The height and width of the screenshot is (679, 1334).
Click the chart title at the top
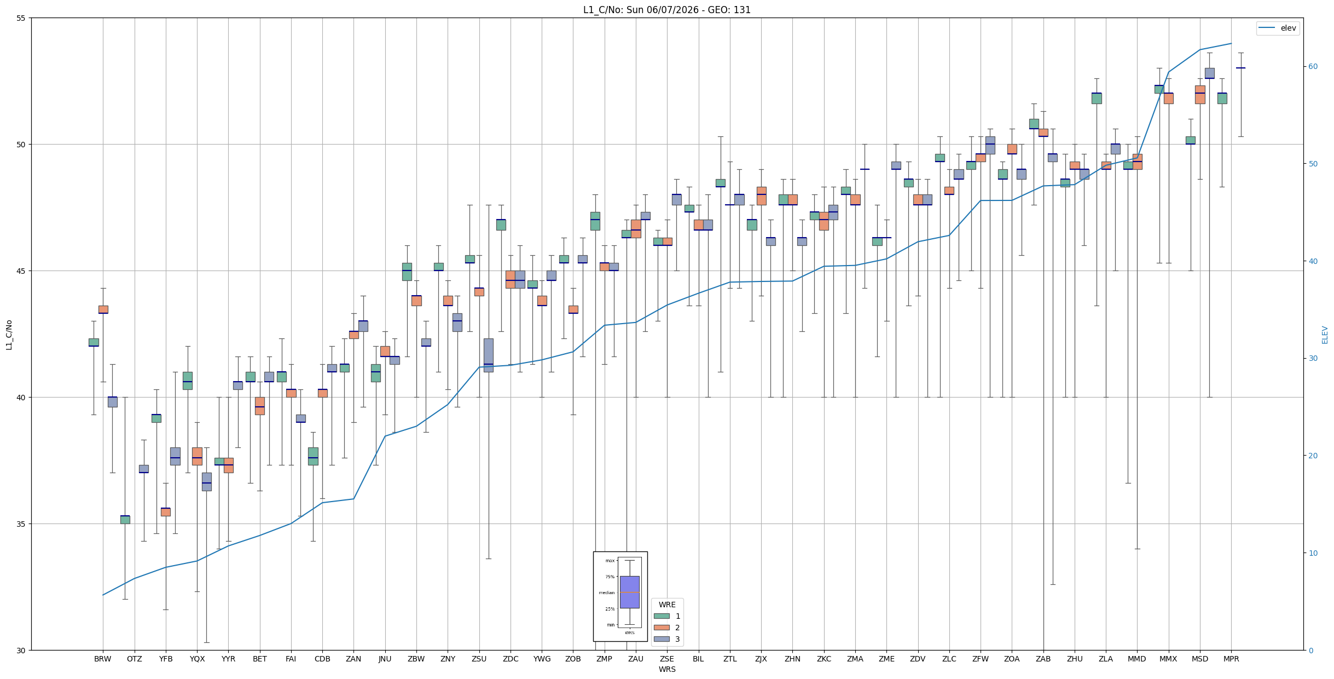tap(666, 10)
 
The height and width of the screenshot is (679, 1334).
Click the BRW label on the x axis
tap(103, 659)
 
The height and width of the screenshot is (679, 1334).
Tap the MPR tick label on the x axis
tap(1231, 659)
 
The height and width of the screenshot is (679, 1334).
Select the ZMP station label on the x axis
tap(604, 659)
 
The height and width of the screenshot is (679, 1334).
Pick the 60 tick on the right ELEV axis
tap(1313, 67)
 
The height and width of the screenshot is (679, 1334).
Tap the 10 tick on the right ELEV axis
tap(1313, 553)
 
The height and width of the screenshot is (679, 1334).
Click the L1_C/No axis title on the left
tap(9, 335)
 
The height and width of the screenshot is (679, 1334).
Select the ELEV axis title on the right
tap(1325, 335)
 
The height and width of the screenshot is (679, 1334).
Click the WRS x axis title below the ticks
tap(667, 669)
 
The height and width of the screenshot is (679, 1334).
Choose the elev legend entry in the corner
tap(1277, 28)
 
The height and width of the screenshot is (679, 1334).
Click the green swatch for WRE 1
tap(662, 616)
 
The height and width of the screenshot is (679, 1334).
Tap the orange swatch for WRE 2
tap(662, 628)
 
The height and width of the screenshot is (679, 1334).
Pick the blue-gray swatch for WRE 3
tap(662, 639)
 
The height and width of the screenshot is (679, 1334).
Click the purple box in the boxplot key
tap(629, 592)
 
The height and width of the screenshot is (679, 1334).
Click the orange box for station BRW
tap(103, 309)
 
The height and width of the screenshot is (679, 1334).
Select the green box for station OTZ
tap(125, 520)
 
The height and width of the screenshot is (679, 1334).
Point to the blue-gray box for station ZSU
tap(488, 355)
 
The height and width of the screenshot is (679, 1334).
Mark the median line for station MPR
tap(1240, 68)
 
